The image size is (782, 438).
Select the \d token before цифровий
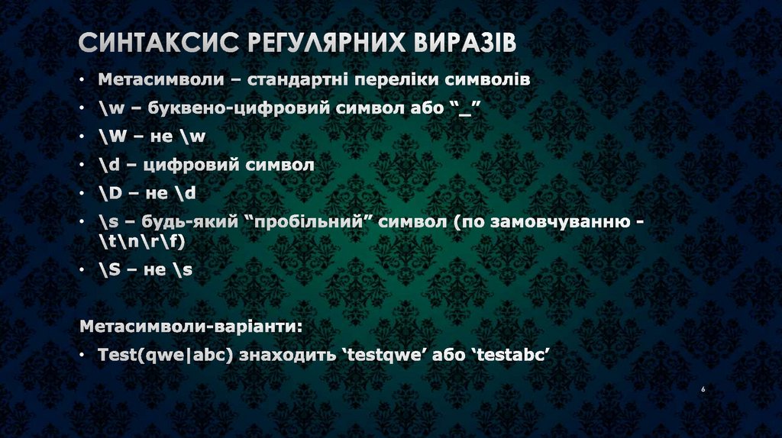pos(109,165)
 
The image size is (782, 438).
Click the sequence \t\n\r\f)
pos(142,242)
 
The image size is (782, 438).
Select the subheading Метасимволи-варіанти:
pos(191,327)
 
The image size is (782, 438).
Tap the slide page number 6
pos(703,391)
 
